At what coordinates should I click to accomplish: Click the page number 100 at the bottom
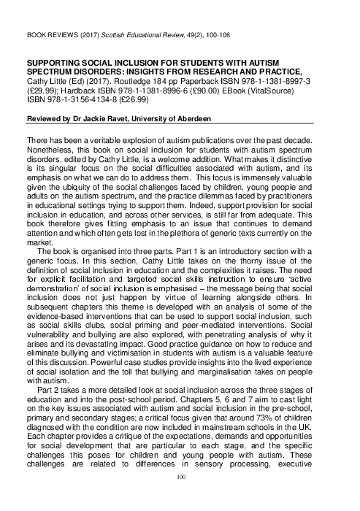(x=180, y=496)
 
